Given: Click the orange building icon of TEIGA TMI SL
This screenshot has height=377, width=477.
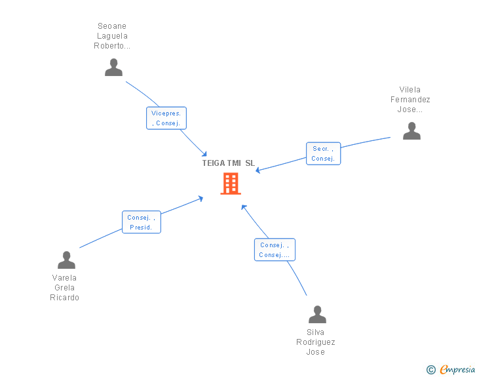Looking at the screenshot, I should click(231, 184).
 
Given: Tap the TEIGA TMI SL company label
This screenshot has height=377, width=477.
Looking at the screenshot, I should click(228, 163).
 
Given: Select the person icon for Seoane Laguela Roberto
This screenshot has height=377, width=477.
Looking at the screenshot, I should click(113, 68).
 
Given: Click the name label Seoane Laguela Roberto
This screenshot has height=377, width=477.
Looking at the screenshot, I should click(112, 37).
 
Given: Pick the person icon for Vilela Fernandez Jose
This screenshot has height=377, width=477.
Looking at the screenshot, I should click(411, 131).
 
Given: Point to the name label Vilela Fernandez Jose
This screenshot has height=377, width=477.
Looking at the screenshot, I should click(410, 100).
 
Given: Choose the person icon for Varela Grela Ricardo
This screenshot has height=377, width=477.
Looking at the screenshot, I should click(66, 260).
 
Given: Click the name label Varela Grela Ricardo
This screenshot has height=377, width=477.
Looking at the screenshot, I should click(65, 288).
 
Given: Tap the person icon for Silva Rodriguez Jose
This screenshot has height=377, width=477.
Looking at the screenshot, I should click(317, 315).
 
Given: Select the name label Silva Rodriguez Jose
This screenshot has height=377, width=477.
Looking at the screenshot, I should click(316, 342).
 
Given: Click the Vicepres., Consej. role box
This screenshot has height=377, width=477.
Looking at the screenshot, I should click(166, 118).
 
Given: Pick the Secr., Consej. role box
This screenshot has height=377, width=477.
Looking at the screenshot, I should click(323, 153).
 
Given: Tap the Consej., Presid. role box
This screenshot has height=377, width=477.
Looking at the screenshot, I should click(141, 222).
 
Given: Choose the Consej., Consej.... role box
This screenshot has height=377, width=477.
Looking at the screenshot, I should click(275, 250).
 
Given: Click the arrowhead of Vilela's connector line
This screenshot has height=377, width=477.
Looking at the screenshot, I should click(258, 171).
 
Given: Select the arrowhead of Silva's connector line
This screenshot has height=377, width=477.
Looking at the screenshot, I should click(243, 207).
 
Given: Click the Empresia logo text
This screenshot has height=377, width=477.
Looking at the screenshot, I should click(457, 370).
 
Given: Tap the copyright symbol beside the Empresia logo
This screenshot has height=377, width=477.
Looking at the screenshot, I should click(430, 370).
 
